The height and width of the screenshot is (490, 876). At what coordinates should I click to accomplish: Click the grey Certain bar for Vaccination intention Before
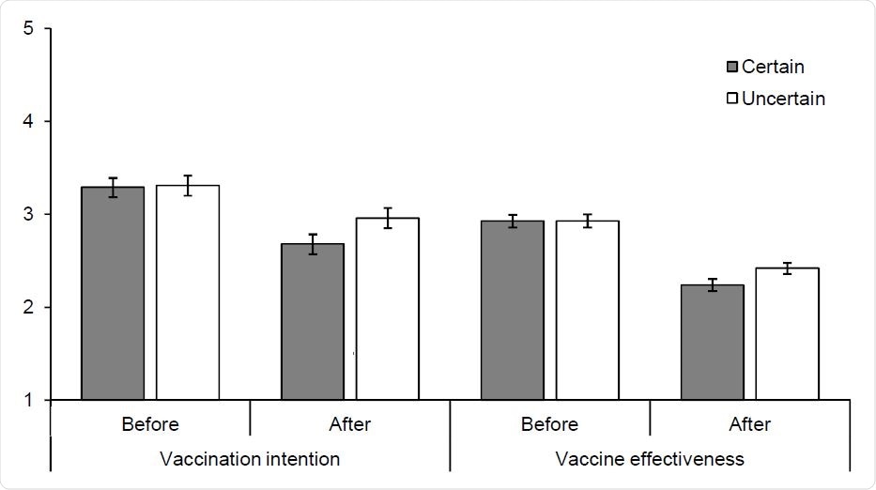pos(113,294)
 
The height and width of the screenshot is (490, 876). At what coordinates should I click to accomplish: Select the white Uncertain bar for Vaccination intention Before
pos(188,293)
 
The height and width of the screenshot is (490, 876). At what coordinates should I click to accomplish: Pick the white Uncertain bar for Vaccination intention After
pos(387,309)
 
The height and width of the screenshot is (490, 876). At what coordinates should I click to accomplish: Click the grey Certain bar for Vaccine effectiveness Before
pos(512,311)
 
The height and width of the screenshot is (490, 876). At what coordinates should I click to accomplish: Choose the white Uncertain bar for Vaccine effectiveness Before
pos(587,311)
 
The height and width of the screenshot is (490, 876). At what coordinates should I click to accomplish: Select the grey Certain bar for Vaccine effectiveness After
pos(712,343)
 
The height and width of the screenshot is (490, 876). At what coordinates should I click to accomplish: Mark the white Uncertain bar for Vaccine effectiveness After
pos(787,334)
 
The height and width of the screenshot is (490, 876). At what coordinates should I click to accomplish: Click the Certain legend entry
pos(765,67)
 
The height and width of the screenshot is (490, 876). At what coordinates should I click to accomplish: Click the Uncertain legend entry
pos(776,98)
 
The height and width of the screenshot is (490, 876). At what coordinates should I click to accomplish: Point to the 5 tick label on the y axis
pos(29,29)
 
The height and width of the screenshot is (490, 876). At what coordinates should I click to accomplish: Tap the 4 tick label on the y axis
pos(29,122)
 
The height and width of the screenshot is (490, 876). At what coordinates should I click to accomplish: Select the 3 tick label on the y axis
pos(29,215)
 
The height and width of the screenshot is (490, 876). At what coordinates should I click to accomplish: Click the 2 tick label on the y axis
pos(29,308)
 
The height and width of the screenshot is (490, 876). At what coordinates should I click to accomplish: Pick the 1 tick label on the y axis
pos(29,401)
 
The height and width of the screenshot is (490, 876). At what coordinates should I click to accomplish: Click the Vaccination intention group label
pos(250,459)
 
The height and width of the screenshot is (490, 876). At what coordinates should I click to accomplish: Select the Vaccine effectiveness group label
pos(650,459)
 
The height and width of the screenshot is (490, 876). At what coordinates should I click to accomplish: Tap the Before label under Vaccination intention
pos(150,424)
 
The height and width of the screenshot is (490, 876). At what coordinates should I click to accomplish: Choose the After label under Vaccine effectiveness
pos(749,424)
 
